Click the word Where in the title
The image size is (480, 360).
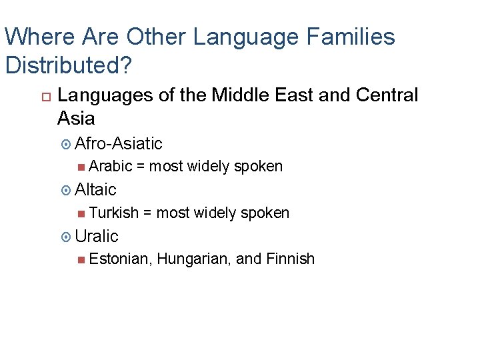(33, 37)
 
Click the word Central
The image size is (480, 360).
(387, 95)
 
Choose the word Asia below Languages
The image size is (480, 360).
(76, 119)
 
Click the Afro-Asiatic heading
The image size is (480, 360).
(119, 143)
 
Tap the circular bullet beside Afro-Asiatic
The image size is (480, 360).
(65, 144)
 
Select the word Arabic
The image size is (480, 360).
(110, 166)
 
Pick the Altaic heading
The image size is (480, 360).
(96, 190)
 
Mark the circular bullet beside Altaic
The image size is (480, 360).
(65, 191)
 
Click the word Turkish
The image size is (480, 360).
(114, 213)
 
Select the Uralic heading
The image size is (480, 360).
(97, 236)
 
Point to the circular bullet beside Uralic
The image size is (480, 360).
(65, 237)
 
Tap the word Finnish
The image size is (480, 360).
(290, 259)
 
